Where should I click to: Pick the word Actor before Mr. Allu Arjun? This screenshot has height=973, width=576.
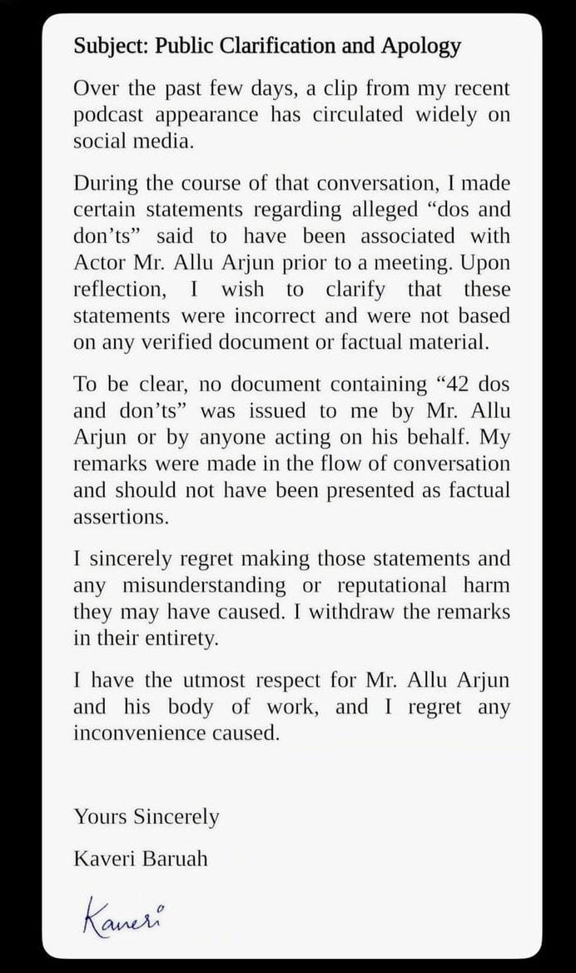(98, 263)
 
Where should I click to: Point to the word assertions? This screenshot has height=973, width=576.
(121, 517)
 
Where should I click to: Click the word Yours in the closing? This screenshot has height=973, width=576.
(98, 817)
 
